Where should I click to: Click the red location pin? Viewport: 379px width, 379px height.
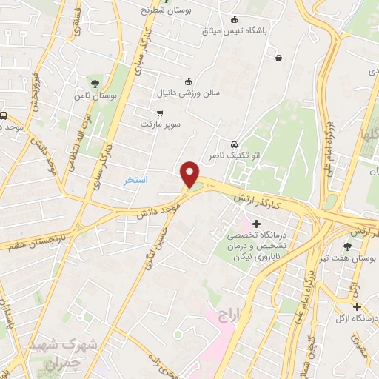[190, 173]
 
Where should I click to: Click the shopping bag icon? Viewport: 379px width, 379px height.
[278, 58]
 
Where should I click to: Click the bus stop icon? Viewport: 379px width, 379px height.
[4, 116]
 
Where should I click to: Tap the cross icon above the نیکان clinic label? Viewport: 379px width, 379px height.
[256, 224]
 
